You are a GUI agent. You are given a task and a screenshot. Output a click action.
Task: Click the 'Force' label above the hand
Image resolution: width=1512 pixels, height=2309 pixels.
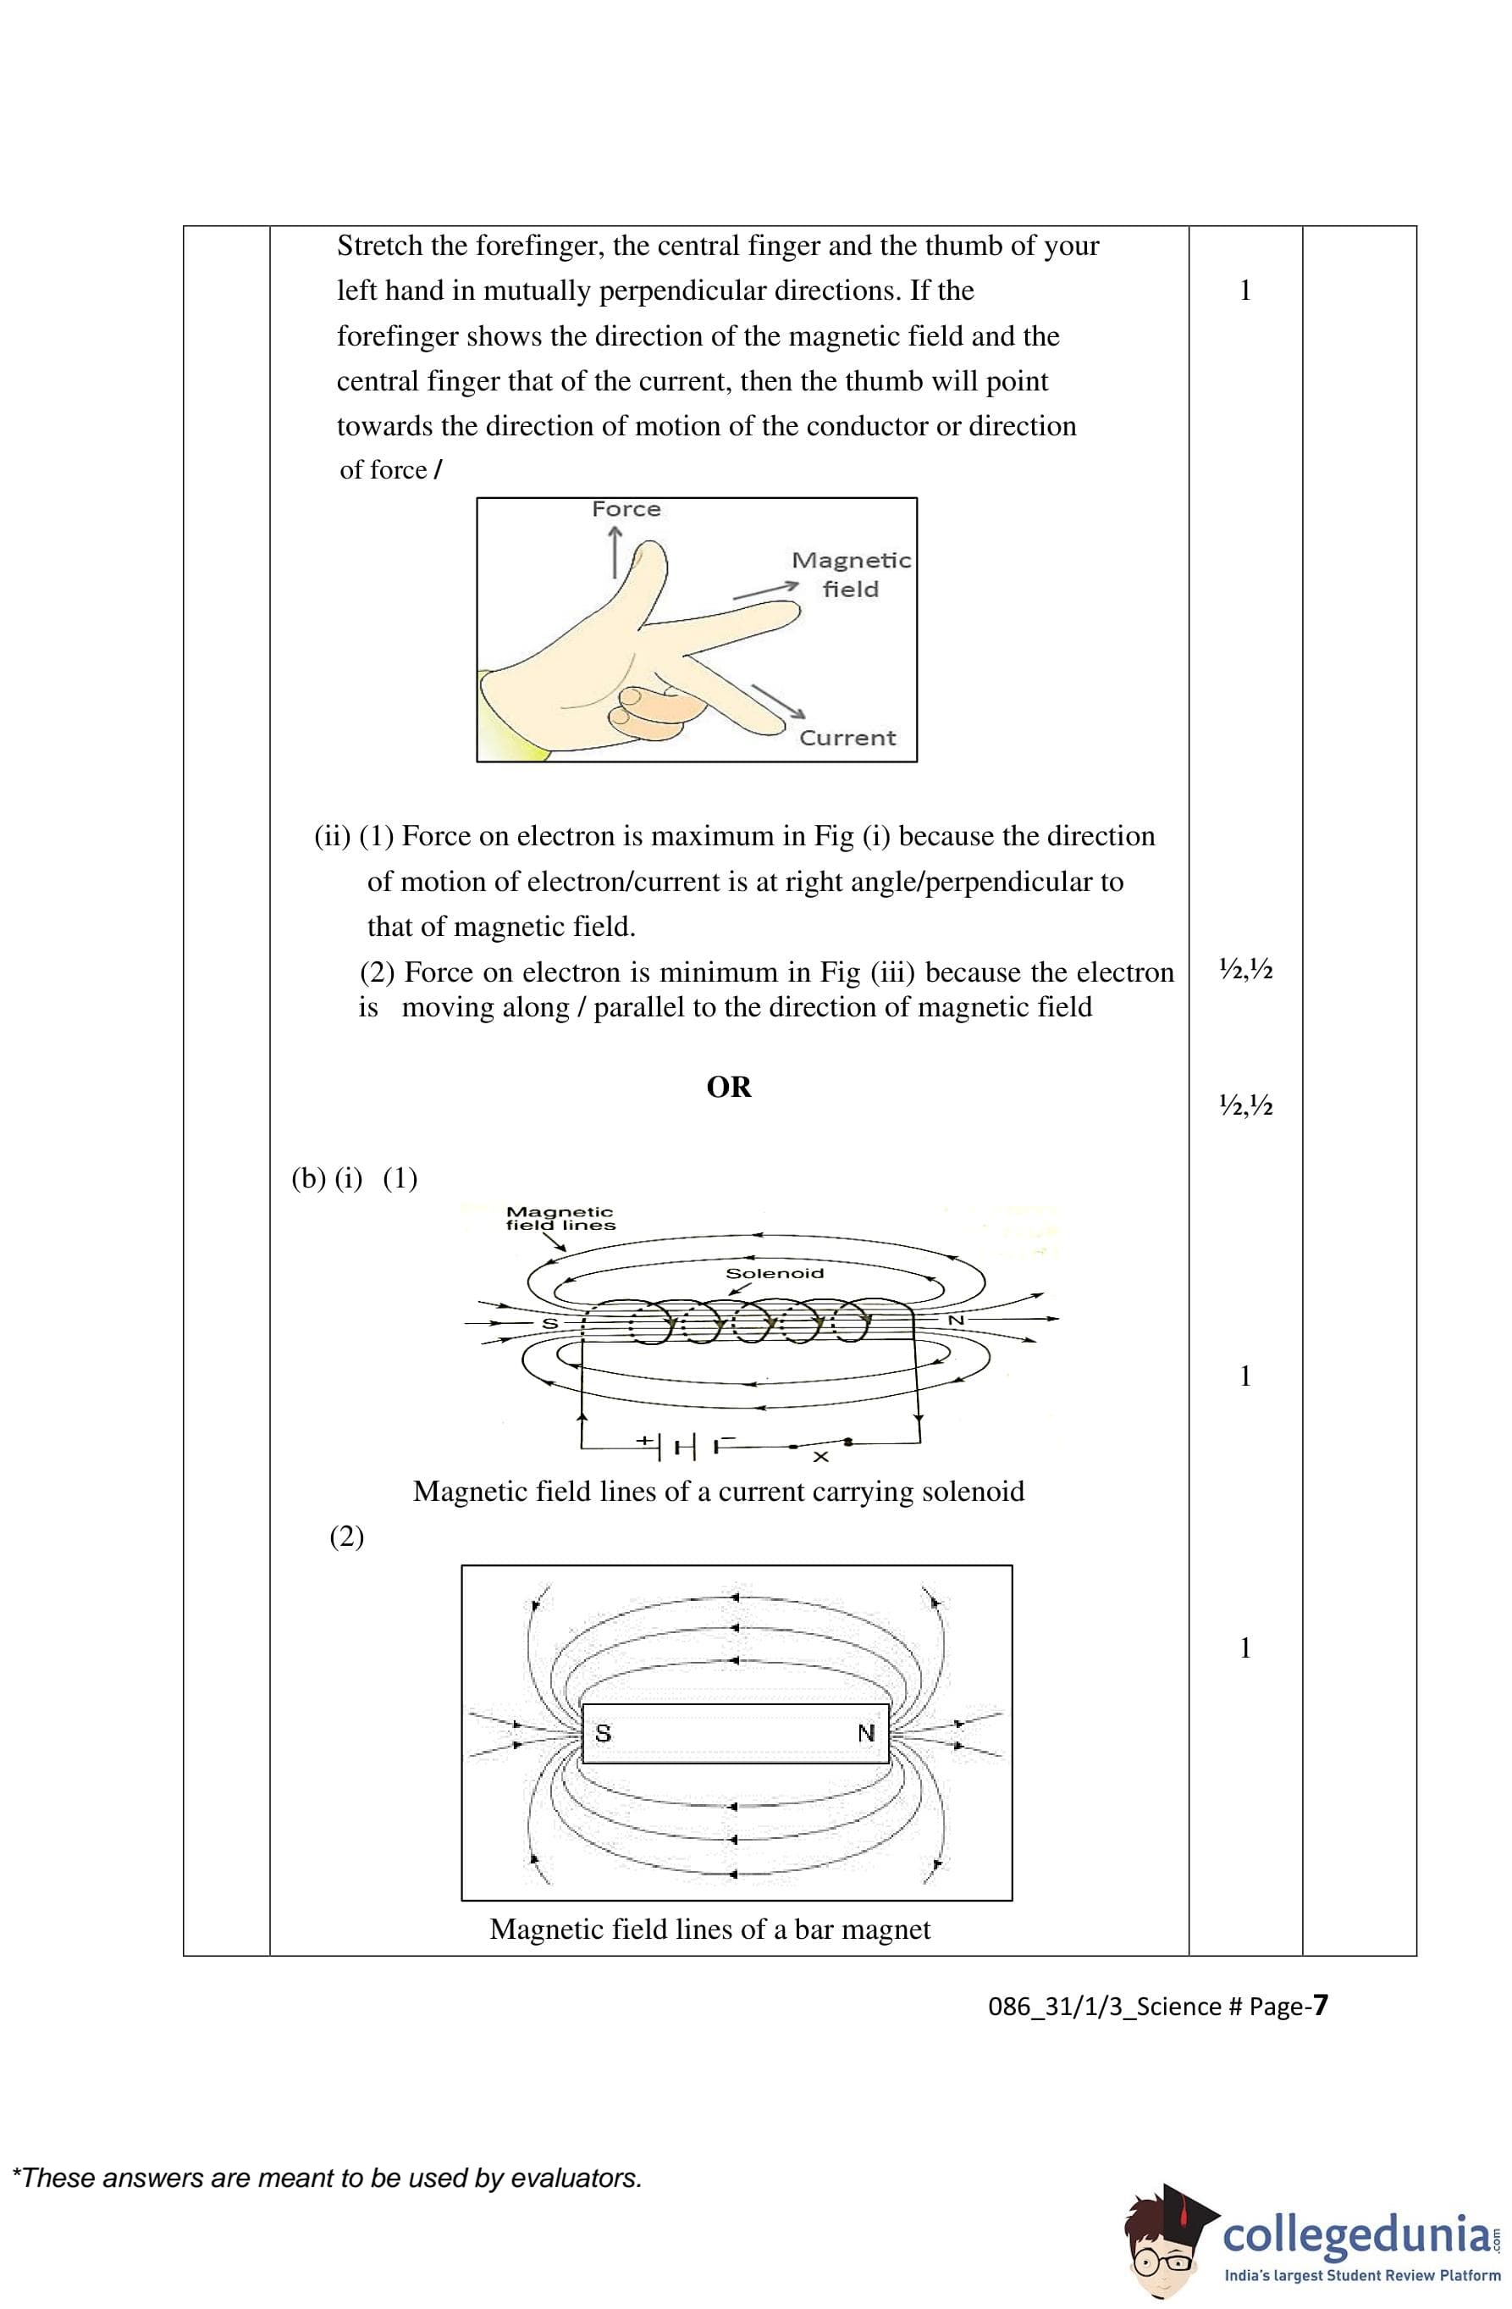pyautogui.click(x=626, y=509)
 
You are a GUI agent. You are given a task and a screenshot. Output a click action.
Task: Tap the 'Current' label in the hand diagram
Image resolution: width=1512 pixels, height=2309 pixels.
pyautogui.click(x=847, y=739)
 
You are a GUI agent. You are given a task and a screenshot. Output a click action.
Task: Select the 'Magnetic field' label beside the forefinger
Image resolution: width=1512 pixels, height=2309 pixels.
pyautogui.click(x=851, y=574)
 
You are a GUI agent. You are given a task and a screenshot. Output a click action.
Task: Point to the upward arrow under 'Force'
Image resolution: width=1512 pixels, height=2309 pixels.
pyautogui.click(x=615, y=550)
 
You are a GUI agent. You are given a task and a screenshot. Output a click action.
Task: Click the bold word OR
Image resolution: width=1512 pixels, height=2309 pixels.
pyautogui.click(x=728, y=1088)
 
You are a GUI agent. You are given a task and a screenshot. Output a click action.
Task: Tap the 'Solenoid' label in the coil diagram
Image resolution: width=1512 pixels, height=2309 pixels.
pyautogui.click(x=774, y=1273)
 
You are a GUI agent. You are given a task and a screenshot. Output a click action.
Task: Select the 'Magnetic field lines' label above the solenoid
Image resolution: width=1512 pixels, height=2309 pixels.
pyautogui.click(x=560, y=1219)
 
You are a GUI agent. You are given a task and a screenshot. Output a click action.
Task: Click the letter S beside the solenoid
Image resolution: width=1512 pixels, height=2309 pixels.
pyautogui.click(x=549, y=1323)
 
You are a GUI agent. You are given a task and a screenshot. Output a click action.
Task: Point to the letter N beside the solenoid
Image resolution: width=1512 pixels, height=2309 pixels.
pyautogui.click(x=955, y=1321)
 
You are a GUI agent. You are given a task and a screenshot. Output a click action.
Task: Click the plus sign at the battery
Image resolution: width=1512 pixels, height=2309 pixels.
pyautogui.click(x=645, y=1441)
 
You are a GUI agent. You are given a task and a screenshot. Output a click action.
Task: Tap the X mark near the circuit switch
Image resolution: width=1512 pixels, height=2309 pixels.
pyautogui.click(x=820, y=1457)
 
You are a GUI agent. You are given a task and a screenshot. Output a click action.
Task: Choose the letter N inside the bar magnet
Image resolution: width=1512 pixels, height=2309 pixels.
pyautogui.click(x=866, y=1733)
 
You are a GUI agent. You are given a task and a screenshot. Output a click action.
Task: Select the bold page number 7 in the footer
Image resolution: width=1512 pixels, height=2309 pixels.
pyautogui.click(x=1319, y=2005)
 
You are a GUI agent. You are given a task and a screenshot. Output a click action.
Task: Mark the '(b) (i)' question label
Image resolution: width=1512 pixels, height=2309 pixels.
pyautogui.click(x=326, y=1179)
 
